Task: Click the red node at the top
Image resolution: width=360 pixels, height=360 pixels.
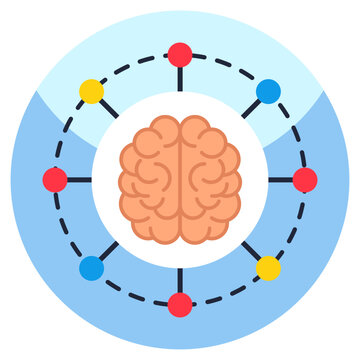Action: [180, 54]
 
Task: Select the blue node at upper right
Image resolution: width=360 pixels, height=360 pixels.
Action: [268, 91]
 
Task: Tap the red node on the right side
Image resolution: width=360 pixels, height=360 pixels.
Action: [305, 180]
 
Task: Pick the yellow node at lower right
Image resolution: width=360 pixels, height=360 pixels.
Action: [268, 268]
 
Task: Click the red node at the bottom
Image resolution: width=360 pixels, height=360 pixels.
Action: [180, 305]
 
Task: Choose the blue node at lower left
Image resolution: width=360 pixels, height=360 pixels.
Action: [91, 268]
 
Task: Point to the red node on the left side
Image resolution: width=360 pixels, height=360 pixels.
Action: [55, 180]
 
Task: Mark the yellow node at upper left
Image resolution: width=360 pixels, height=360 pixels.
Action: [91, 91]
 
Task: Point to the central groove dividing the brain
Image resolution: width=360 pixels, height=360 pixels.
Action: [180, 180]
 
